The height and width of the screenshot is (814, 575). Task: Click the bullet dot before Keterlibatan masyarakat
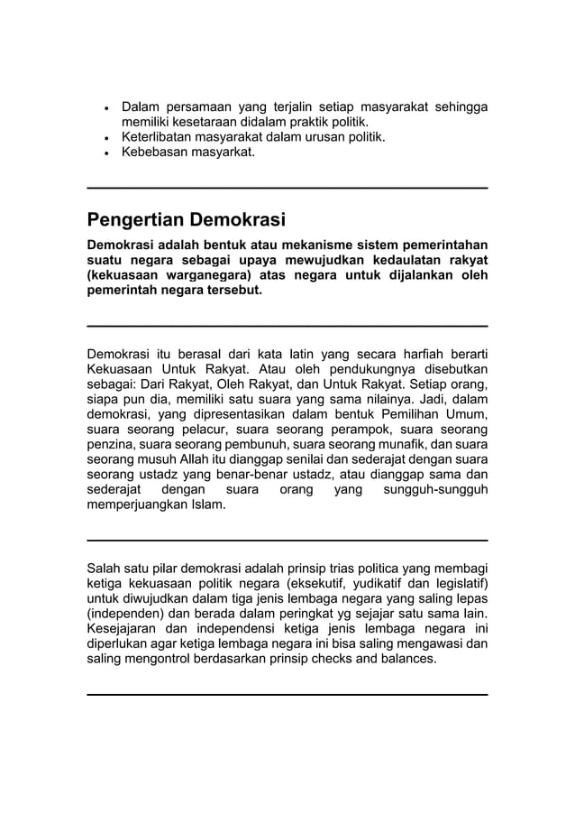click(107, 138)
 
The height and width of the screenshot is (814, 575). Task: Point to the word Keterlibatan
click(159, 137)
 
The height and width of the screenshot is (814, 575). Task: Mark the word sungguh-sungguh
click(435, 490)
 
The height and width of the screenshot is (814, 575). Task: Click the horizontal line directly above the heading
click(287, 188)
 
